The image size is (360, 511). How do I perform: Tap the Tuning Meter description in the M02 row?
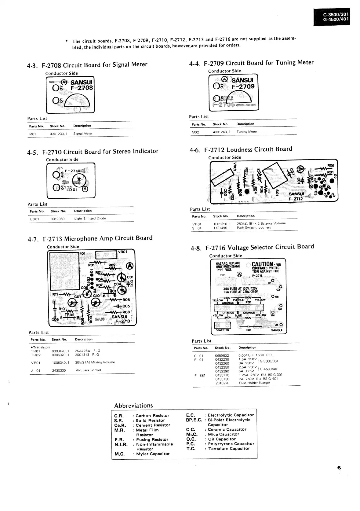pos(247,132)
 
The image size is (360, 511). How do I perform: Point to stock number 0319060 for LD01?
pos(58,219)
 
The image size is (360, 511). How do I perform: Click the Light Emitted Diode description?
pos(90,219)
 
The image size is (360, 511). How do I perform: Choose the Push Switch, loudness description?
pos(254,228)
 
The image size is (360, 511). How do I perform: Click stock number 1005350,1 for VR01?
pos(222,224)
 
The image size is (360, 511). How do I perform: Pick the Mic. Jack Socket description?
pos(88,370)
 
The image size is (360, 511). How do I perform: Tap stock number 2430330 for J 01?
pos(59,370)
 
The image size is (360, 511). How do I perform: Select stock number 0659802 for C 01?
pos(222,356)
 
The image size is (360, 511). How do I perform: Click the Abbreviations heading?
pos(133,406)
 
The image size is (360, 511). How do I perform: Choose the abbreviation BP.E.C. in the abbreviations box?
pos(194,420)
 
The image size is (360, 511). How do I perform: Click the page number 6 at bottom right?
pos(339,468)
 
